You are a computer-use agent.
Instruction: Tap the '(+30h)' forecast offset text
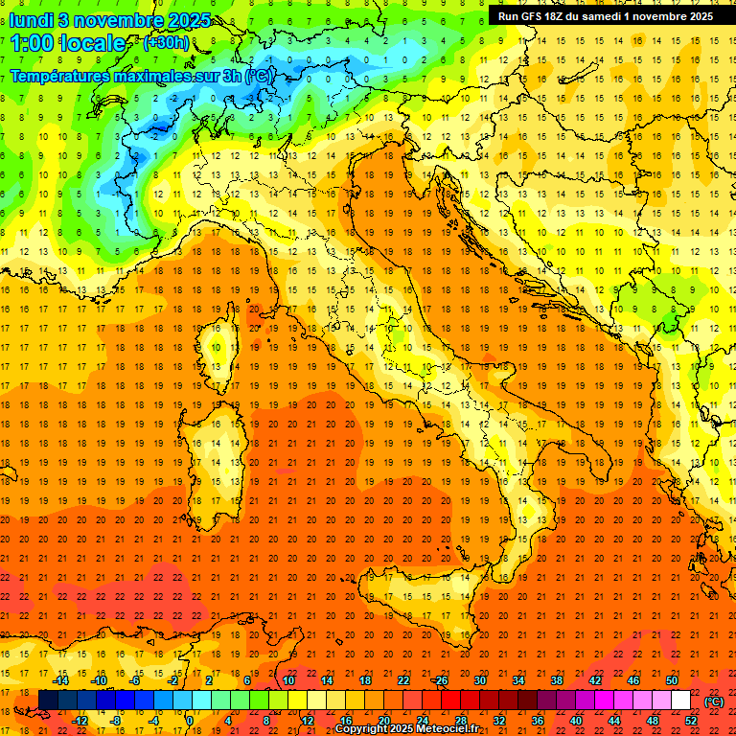(166, 42)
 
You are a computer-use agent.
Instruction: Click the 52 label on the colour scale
(691, 721)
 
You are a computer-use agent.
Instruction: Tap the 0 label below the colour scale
(190, 721)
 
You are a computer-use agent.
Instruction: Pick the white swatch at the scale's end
(680, 700)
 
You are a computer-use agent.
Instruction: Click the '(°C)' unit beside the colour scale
(714, 701)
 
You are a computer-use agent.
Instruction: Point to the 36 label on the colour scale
(537, 721)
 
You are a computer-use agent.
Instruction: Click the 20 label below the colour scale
(382, 721)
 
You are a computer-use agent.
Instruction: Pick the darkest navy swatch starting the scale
(48, 700)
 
